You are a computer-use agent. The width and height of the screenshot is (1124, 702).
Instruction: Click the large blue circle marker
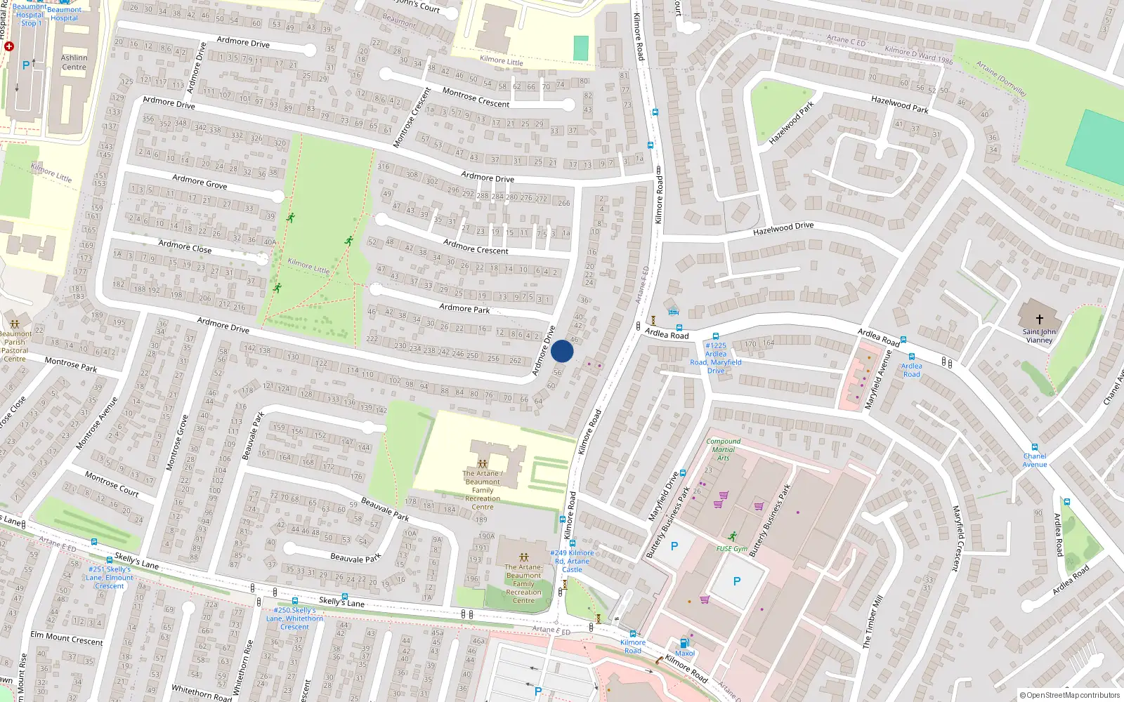pos(562,351)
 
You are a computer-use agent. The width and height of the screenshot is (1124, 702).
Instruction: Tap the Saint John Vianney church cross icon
pos(1039,319)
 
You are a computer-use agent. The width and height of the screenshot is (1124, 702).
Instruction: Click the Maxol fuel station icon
pos(684,643)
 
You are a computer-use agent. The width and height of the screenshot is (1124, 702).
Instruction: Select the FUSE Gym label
pos(731,549)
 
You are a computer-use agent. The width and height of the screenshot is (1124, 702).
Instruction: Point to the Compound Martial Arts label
pos(723,449)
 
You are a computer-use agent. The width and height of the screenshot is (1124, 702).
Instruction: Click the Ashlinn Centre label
pos(74,62)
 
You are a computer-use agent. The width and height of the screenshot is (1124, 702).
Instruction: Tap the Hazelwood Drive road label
pos(783,229)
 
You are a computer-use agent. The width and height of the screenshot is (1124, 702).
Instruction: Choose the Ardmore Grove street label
pos(200,182)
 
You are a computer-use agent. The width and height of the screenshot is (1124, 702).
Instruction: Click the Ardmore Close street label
pos(185,246)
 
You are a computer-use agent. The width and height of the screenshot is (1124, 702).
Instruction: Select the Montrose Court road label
pos(112,484)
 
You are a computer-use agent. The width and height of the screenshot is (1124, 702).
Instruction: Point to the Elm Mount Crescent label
pos(66,638)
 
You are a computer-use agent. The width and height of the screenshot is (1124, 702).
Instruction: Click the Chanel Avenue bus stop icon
pos(1034,447)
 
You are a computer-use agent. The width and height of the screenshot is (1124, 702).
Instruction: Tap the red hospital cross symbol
pos(9,46)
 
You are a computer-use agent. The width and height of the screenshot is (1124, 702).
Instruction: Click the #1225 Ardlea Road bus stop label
pos(715,358)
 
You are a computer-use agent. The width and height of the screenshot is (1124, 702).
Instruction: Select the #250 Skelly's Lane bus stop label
pos(294,618)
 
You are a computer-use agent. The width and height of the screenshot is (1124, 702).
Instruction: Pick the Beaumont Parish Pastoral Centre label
pos(15,346)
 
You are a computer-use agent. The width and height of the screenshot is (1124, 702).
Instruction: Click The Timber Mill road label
pos(873,622)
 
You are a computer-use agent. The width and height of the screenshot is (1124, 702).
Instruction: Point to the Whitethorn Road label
pos(202,692)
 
